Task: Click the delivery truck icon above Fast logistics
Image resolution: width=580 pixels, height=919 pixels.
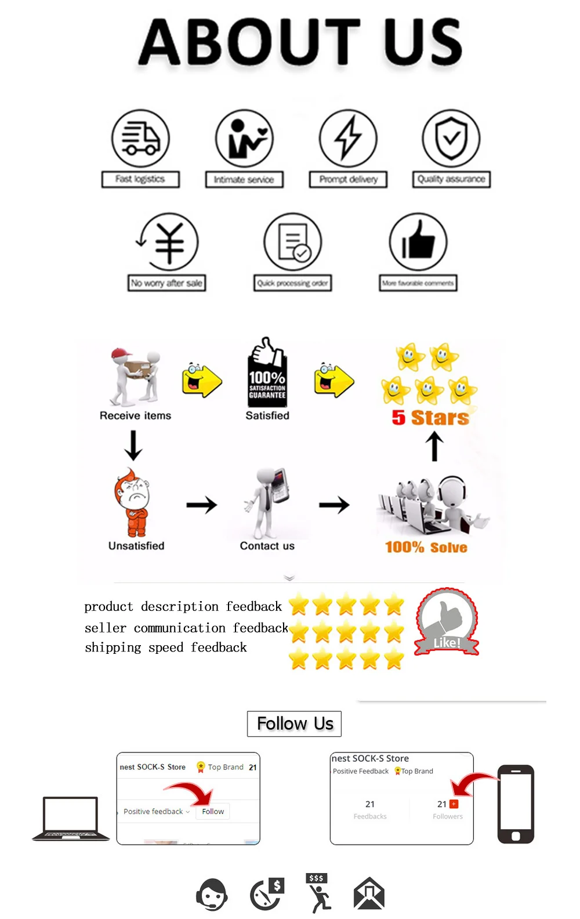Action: pos(140,139)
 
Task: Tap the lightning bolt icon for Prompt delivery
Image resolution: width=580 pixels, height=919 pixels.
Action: pos(348,139)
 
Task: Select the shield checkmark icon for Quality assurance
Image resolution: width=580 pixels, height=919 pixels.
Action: pos(451,138)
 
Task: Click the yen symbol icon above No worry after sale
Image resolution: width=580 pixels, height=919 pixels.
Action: pos(169,242)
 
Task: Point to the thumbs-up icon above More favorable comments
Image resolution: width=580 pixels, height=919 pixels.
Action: pos(418,242)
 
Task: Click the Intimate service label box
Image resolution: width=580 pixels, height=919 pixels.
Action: pos(244,179)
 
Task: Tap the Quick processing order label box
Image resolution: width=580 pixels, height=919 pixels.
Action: pos(293,283)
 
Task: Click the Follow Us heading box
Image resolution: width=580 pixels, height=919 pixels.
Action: pos(294,723)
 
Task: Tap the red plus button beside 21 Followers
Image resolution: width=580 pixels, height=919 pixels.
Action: pos(454,804)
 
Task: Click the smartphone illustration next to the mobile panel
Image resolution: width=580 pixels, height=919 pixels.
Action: pos(516,804)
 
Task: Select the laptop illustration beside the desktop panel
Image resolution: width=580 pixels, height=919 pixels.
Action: pos(71,819)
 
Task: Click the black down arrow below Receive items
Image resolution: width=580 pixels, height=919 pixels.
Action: pos(133,446)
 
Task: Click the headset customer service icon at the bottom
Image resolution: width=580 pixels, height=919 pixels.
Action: pos(212,894)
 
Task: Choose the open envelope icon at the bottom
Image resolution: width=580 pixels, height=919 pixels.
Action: pos(369,894)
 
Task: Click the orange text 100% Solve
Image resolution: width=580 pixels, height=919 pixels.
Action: pos(426,547)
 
